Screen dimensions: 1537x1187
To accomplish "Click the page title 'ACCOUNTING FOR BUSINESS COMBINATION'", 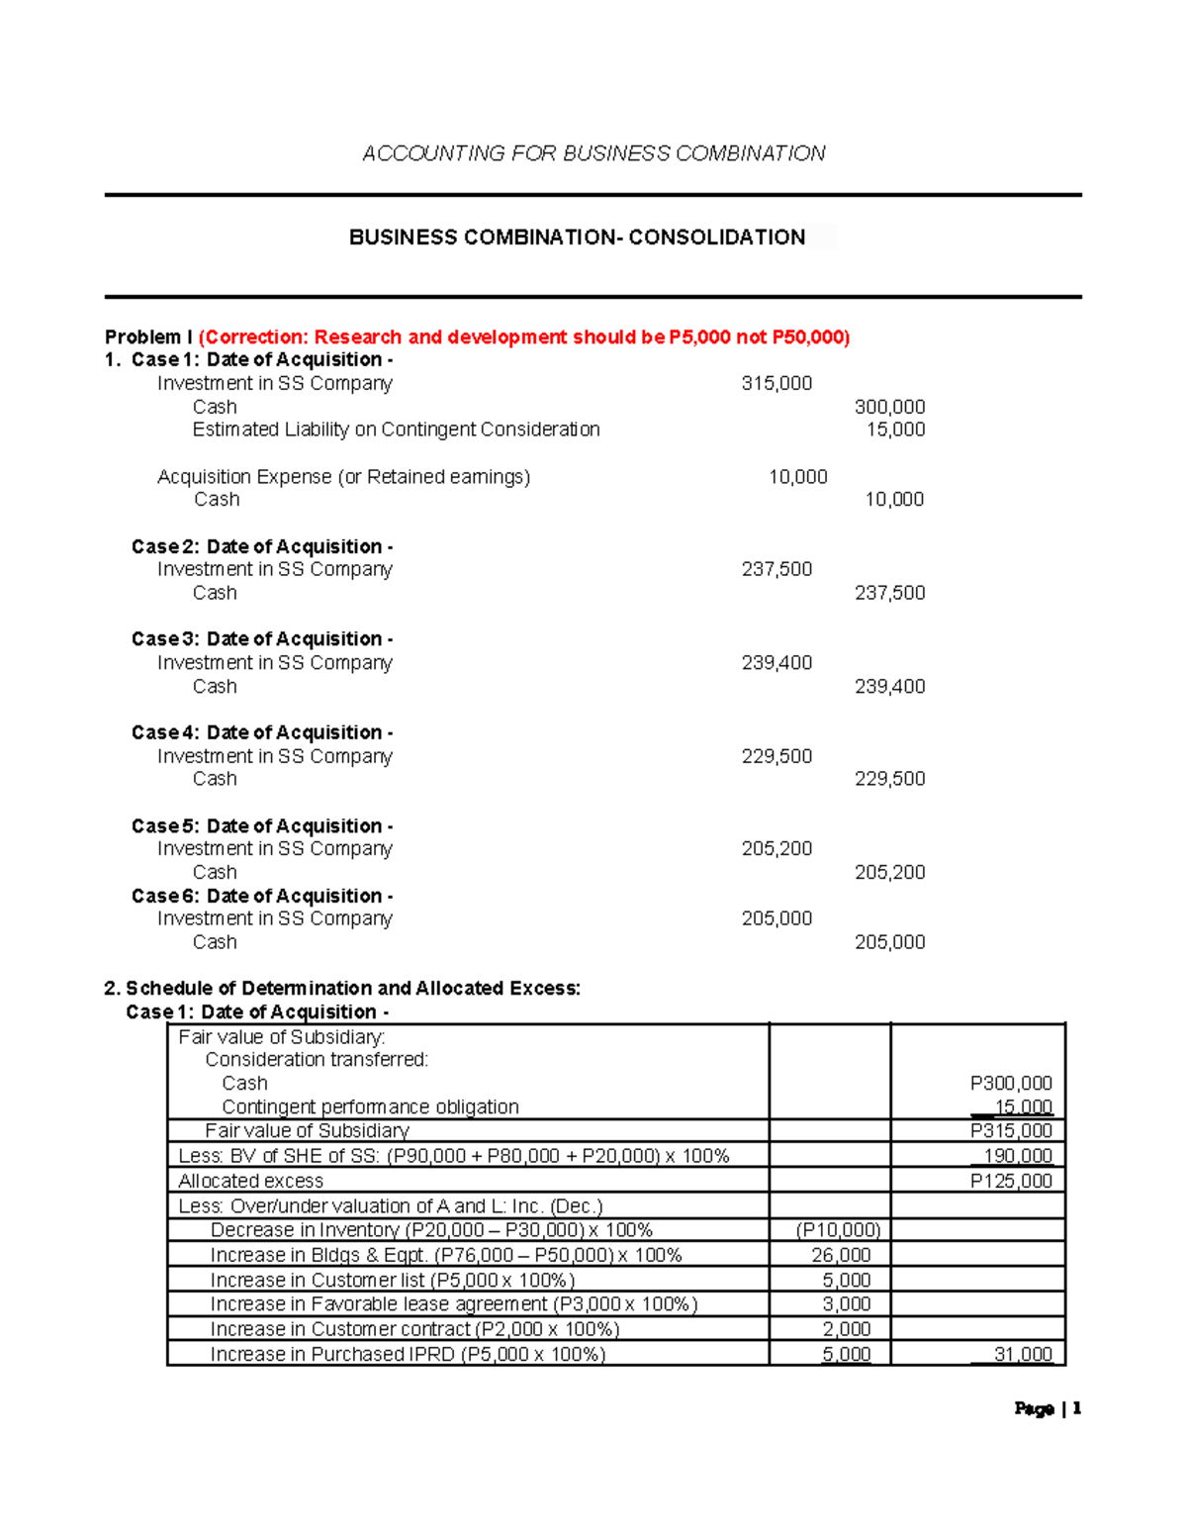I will click(x=593, y=153).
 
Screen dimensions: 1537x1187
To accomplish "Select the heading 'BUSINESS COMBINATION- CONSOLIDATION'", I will click(x=577, y=238).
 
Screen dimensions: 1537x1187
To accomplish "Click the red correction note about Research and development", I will click(x=524, y=337).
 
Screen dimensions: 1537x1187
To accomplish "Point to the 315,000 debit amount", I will click(x=776, y=384).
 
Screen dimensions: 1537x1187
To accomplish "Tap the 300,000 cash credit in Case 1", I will click(x=889, y=407).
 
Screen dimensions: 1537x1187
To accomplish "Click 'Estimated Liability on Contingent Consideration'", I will click(x=396, y=430).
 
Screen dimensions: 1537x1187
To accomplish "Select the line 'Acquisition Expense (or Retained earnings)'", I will click(x=343, y=477).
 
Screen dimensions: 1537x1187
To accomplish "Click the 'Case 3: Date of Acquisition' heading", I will click(x=262, y=639).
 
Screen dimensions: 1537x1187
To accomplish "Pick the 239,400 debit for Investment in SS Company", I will click(x=776, y=663).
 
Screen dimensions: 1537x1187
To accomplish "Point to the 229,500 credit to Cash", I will click(x=889, y=779).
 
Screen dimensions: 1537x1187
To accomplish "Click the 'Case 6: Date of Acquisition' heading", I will click(x=262, y=897).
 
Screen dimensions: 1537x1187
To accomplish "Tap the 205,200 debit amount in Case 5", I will click(x=776, y=849).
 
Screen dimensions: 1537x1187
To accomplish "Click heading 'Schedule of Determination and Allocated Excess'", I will click(x=342, y=989).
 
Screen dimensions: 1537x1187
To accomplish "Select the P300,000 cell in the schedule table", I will click(x=1011, y=1084).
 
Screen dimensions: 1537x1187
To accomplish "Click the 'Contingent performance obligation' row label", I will click(x=370, y=1107).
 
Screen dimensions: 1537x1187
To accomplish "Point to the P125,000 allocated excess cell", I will click(x=1011, y=1182).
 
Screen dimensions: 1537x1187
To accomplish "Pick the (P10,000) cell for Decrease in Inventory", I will click(x=838, y=1230).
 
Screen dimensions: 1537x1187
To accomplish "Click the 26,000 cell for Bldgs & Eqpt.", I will click(x=841, y=1255).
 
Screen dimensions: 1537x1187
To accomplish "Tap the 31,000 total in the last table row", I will click(x=1023, y=1355).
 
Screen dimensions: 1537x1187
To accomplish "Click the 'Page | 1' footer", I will click(x=1048, y=1408).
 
